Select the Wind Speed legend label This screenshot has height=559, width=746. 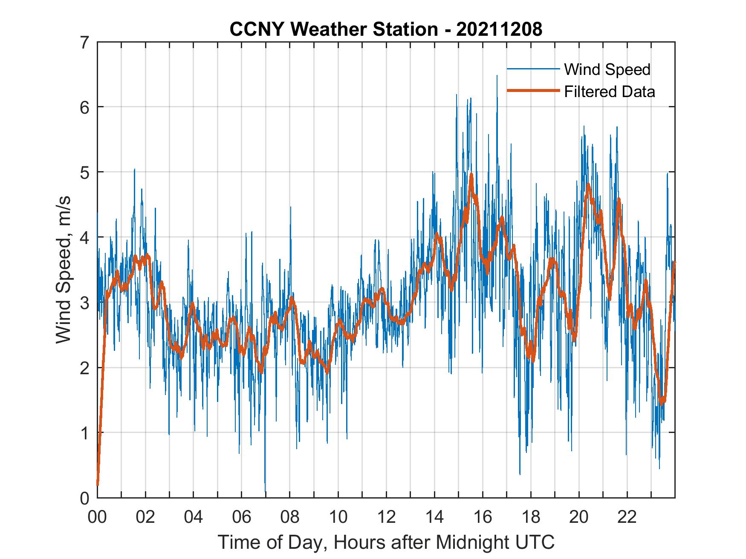pyautogui.click(x=607, y=69)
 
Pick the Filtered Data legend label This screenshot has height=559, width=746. pyautogui.click(x=609, y=92)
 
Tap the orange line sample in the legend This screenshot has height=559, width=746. pyautogui.click(x=533, y=91)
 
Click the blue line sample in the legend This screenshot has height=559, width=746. pyautogui.click(x=533, y=69)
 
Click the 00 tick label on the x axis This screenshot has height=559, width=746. pyautogui.click(x=97, y=518)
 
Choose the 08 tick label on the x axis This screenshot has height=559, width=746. pyautogui.click(x=290, y=518)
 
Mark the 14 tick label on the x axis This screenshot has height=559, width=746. pyautogui.click(x=434, y=518)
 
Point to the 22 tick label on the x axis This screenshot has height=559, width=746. pyautogui.click(x=627, y=518)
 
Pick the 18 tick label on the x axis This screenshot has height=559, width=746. pyautogui.click(x=531, y=518)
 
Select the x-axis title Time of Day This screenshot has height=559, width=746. pyautogui.click(x=386, y=542)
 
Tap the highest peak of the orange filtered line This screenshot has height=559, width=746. pyautogui.click(x=471, y=174)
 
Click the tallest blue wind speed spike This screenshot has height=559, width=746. pyautogui.click(x=497, y=76)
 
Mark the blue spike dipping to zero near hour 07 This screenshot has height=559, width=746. pyautogui.click(x=266, y=492)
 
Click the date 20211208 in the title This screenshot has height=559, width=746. pyautogui.click(x=499, y=29)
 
